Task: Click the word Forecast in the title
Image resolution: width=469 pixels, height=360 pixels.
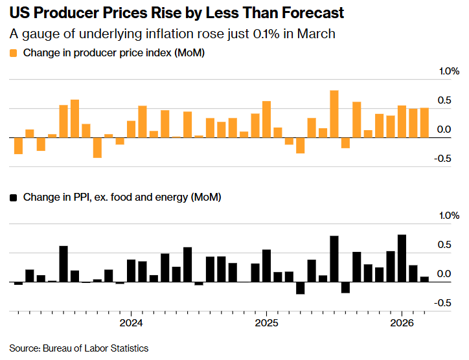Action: coord(313,13)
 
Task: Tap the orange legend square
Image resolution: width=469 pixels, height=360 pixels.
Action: coord(13,53)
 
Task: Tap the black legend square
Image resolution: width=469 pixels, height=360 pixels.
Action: coord(13,197)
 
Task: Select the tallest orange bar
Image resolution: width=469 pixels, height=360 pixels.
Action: coord(334,114)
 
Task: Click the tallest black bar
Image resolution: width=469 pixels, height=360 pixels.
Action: coord(402,258)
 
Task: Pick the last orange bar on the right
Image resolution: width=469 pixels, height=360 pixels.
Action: coord(424,122)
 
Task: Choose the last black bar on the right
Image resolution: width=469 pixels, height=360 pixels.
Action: coord(424,279)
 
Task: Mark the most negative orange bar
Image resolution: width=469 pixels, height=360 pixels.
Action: coord(97,148)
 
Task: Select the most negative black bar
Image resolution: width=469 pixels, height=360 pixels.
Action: coord(301,288)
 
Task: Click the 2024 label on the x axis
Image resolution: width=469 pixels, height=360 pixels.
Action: coord(131,323)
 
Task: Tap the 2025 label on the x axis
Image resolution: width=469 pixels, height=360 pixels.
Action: coord(266,323)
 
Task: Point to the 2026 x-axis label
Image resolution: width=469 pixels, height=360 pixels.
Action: coord(402,323)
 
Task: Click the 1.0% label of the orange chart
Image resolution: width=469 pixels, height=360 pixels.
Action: coord(449,71)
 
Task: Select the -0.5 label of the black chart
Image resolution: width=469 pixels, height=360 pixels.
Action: coord(442,303)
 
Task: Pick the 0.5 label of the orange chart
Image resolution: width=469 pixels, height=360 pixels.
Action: coord(444,100)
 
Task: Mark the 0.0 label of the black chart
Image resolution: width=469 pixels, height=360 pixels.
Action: coord(444,274)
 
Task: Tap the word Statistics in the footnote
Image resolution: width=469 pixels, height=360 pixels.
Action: coord(130,348)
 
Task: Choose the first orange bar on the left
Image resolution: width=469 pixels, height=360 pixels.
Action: coord(18,146)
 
